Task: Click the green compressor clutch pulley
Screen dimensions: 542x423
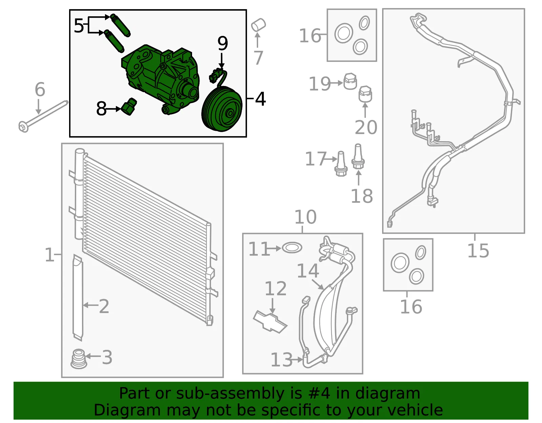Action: tap(222, 109)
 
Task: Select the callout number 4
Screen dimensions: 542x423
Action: tap(260, 99)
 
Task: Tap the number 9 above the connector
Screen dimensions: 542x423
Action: tap(223, 43)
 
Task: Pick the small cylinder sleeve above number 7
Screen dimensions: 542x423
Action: tap(258, 25)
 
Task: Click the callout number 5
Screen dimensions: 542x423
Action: tap(79, 26)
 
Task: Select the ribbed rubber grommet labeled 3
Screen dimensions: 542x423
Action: tap(79, 359)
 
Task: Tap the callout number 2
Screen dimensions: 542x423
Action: tap(104, 306)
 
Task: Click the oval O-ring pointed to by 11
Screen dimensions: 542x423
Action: tap(292, 248)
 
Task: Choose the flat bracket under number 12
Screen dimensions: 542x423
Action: tap(270, 321)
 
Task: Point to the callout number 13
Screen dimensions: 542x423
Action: tap(282, 360)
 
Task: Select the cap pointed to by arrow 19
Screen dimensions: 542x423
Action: tap(350, 81)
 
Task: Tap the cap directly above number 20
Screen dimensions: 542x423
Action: tap(366, 94)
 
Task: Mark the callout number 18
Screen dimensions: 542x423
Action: tap(362, 196)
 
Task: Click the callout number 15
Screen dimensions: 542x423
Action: tap(478, 251)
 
